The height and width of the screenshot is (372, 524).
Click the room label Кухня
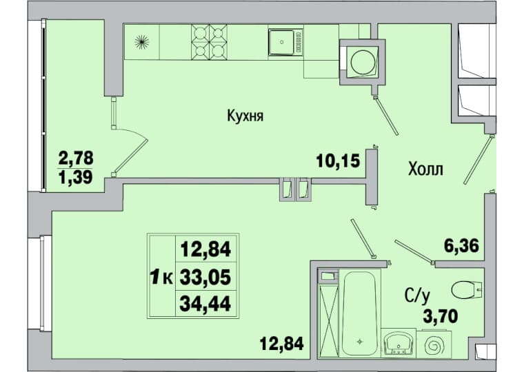tap(245, 116)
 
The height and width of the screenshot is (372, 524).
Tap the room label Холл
tap(425, 169)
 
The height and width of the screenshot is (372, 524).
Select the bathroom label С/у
tap(417, 296)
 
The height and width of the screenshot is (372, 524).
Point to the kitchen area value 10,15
tap(339, 161)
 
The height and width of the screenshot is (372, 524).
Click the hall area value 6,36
tap(461, 246)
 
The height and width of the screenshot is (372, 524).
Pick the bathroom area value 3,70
tap(441, 316)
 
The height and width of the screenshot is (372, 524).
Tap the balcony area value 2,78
tap(76, 158)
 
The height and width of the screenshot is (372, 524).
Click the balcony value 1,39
tap(76, 176)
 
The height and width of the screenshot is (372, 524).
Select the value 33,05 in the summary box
tap(205, 277)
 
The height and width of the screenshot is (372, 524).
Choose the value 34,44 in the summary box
tap(205, 304)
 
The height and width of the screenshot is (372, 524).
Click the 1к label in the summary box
tap(162, 277)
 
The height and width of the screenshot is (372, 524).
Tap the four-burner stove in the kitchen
tap(209, 42)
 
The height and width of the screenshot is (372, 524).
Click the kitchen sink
tap(285, 42)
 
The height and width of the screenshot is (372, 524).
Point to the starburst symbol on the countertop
tap(141, 42)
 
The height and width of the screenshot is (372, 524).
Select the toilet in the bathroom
tap(467, 289)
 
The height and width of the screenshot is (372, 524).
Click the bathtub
tap(359, 313)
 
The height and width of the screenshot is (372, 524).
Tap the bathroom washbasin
tap(398, 343)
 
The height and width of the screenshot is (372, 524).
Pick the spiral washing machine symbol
tap(433, 344)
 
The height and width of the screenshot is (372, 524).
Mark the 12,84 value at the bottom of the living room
tap(282, 343)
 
